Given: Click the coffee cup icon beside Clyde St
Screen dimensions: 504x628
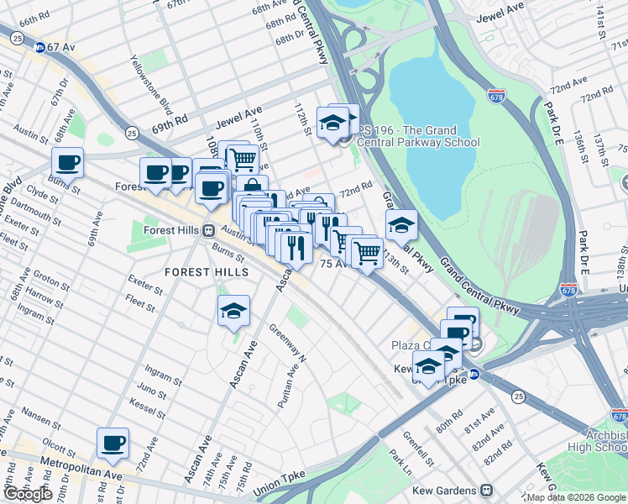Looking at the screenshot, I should tap(67, 162).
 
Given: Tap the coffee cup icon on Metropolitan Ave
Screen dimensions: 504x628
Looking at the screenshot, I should tap(113, 443).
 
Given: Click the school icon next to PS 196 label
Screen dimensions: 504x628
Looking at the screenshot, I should tap(333, 123).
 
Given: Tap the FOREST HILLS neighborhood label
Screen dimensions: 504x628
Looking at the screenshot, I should tap(207, 272).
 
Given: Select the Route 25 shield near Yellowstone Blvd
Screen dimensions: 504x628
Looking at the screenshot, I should tap(132, 133).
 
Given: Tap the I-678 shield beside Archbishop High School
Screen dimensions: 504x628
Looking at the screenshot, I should tap(619, 415).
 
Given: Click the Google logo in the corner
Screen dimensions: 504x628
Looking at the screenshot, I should tap(29, 494).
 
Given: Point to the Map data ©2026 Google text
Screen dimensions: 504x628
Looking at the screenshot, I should tap(574, 497).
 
